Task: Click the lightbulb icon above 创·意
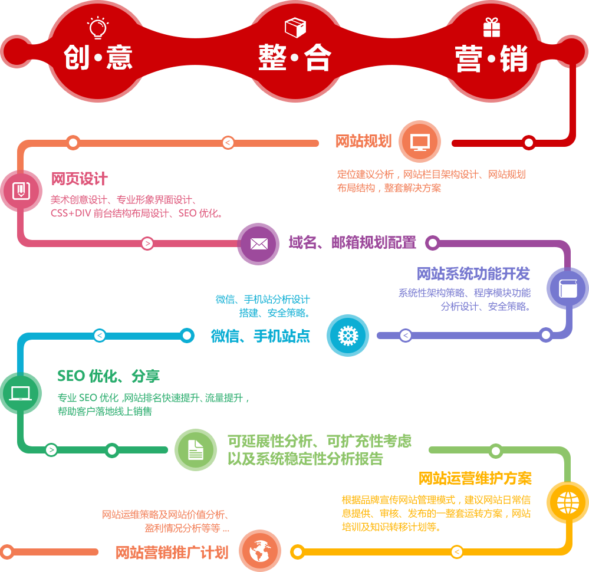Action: pos(98,27)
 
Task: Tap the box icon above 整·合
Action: pos(295,27)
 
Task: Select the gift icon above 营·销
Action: pos(491,27)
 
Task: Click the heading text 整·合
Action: pos(295,59)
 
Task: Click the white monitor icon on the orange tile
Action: pos(420,142)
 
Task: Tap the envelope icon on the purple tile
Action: pos(259,244)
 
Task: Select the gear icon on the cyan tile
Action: pos(348,336)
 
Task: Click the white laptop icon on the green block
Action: pos(21,393)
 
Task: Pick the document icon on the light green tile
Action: pos(196,450)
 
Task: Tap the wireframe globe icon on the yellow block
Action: pos(568,503)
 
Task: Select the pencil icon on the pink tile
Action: pos(21,190)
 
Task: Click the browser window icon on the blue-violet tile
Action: pos(568,288)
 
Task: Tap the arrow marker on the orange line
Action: pos(228,143)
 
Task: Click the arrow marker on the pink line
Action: pos(147,244)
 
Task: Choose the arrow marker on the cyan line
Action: pos(100,336)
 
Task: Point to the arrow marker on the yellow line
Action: pos(456,552)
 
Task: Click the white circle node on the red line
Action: pos(529,143)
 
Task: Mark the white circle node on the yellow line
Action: pos(297,552)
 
